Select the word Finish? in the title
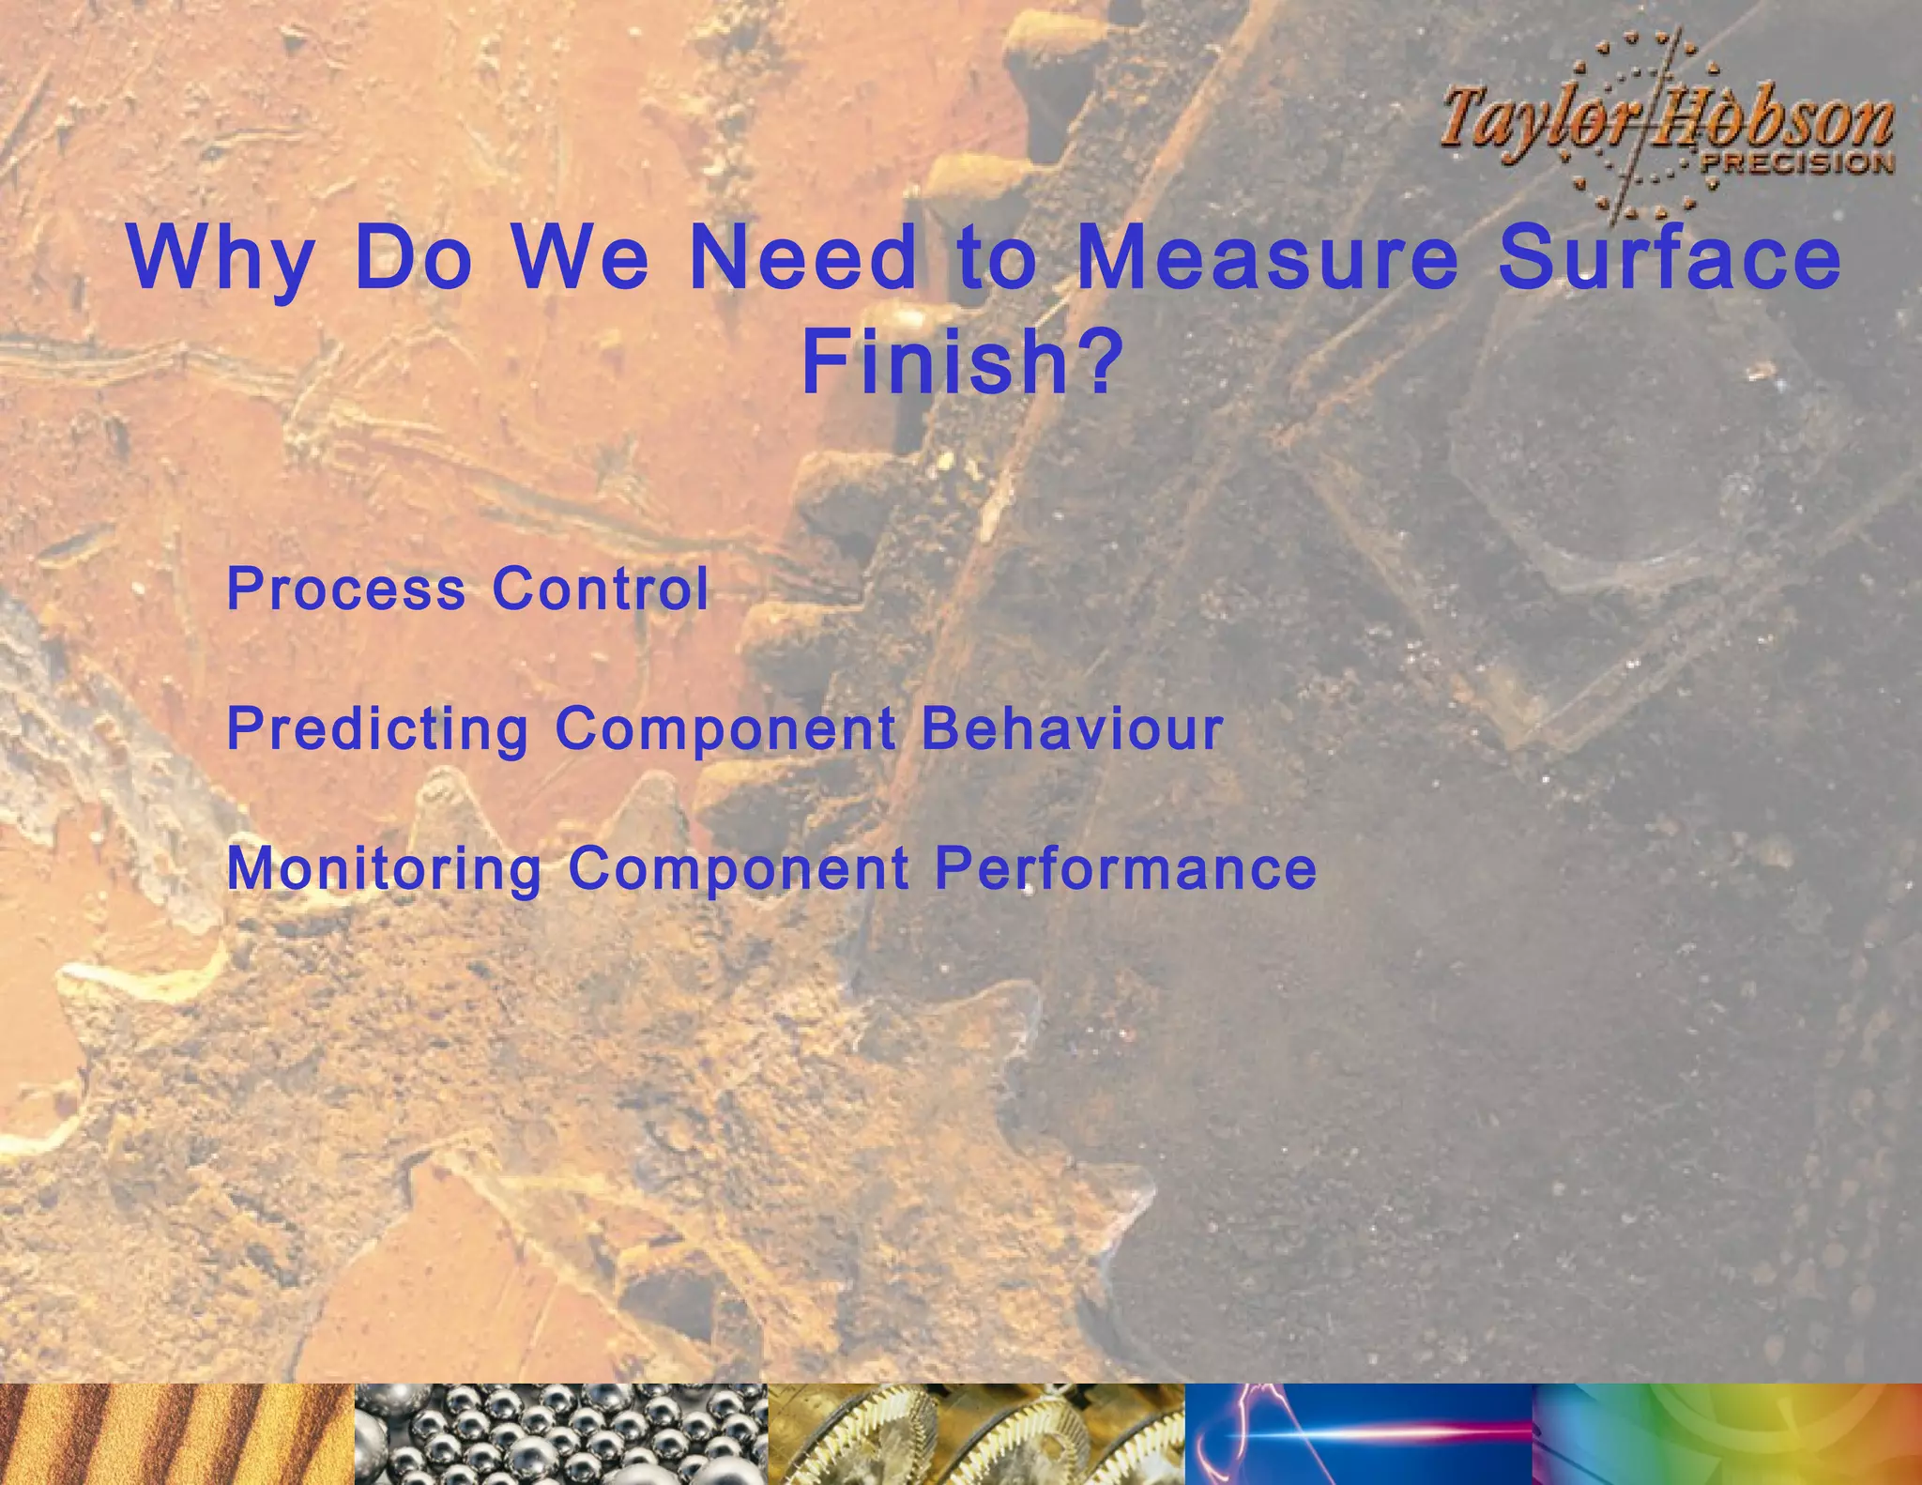pos(962,363)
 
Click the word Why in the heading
pos(221,260)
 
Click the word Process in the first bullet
pos(346,589)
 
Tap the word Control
pos(601,589)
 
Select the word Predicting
pos(378,729)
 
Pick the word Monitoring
pos(385,869)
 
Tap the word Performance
pos(1126,868)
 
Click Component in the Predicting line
pos(725,729)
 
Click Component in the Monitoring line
pos(739,868)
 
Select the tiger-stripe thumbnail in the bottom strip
pos(176,1433)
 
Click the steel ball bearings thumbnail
pos(561,1433)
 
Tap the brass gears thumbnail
pos(976,1433)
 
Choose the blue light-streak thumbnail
pos(1358,1433)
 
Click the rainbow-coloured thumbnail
pos(1727,1433)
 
